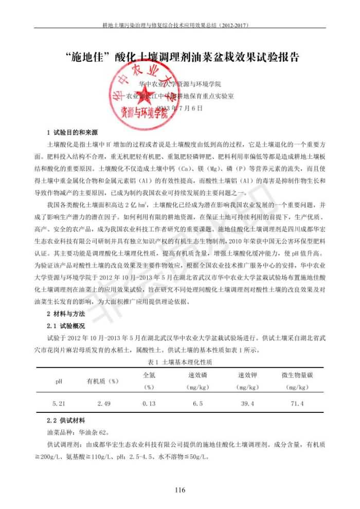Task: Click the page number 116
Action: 179,489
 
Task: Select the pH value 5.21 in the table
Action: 59,404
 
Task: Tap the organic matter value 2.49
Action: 104,404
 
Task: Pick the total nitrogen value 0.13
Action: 149,404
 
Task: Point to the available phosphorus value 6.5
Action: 197,404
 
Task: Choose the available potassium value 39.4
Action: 248,404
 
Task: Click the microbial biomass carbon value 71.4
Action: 297,404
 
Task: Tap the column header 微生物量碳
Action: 297,375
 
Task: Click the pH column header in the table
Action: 59,381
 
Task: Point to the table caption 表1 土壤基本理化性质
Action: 179,362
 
